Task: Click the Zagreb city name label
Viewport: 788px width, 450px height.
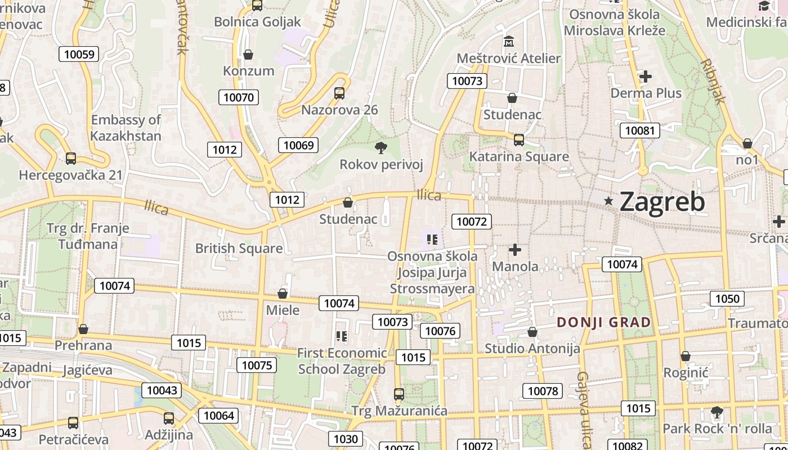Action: click(662, 202)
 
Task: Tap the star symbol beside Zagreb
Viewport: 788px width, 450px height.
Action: click(608, 201)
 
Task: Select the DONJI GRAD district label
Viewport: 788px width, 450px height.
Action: click(604, 322)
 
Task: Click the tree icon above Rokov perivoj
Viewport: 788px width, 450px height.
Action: click(381, 148)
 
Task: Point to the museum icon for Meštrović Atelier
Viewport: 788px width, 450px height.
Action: click(509, 42)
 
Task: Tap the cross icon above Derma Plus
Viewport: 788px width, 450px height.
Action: click(646, 76)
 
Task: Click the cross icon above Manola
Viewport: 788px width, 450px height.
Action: click(515, 249)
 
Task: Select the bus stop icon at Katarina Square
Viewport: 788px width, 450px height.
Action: click(519, 139)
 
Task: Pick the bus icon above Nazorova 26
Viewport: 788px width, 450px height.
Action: click(339, 93)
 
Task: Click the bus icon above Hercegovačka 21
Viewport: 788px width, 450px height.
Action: click(71, 158)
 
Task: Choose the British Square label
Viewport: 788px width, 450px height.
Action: click(239, 248)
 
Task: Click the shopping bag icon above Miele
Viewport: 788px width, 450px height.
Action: click(283, 294)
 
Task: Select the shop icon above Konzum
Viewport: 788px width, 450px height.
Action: click(248, 55)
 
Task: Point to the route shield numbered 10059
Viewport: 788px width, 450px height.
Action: click(79, 54)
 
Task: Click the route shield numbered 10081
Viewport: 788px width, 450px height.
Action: click(640, 130)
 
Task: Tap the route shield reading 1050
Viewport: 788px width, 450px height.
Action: click(727, 298)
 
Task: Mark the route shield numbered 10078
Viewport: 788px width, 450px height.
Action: click(543, 390)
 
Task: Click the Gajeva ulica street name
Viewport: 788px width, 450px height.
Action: click(584, 411)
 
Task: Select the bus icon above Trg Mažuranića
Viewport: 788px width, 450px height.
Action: click(399, 394)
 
